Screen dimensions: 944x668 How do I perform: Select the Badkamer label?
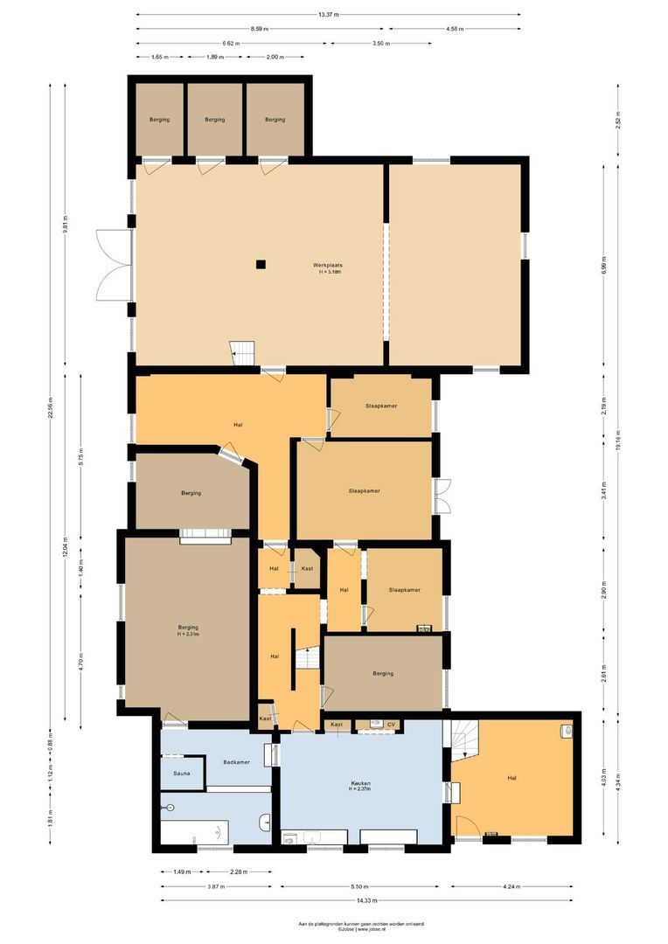(236, 762)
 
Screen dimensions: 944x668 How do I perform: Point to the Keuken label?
(361, 783)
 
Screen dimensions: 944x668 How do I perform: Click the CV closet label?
(392, 725)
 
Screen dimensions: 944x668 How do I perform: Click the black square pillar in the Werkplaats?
(260, 264)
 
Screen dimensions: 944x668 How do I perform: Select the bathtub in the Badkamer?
(194, 831)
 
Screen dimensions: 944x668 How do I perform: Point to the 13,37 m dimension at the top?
(328, 15)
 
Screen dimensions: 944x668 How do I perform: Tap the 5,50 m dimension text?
(360, 886)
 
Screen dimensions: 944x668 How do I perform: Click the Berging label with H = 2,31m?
(188, 629)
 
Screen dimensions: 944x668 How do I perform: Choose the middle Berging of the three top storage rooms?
(214, 120)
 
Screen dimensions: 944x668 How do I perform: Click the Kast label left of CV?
(337, 725)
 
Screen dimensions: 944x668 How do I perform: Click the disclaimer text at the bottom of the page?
(361, 926)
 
